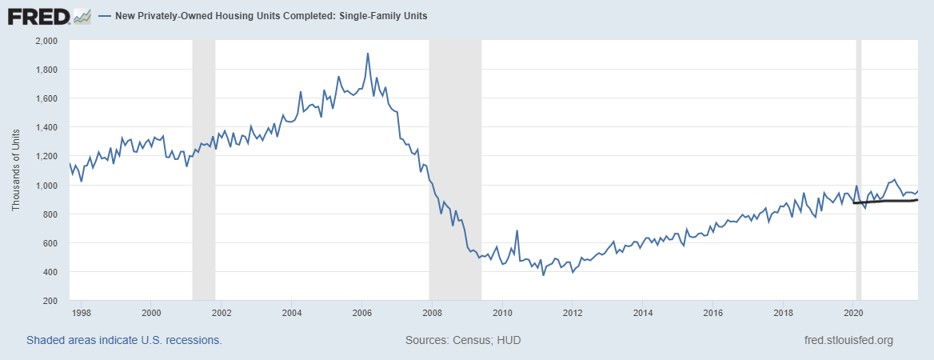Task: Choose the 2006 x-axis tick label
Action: point(361,313)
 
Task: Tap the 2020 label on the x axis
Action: point(852,313)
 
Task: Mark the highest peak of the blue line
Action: point(367,54)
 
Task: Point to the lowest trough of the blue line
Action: point(544,275)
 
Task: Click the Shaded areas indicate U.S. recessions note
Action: point(124,340)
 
